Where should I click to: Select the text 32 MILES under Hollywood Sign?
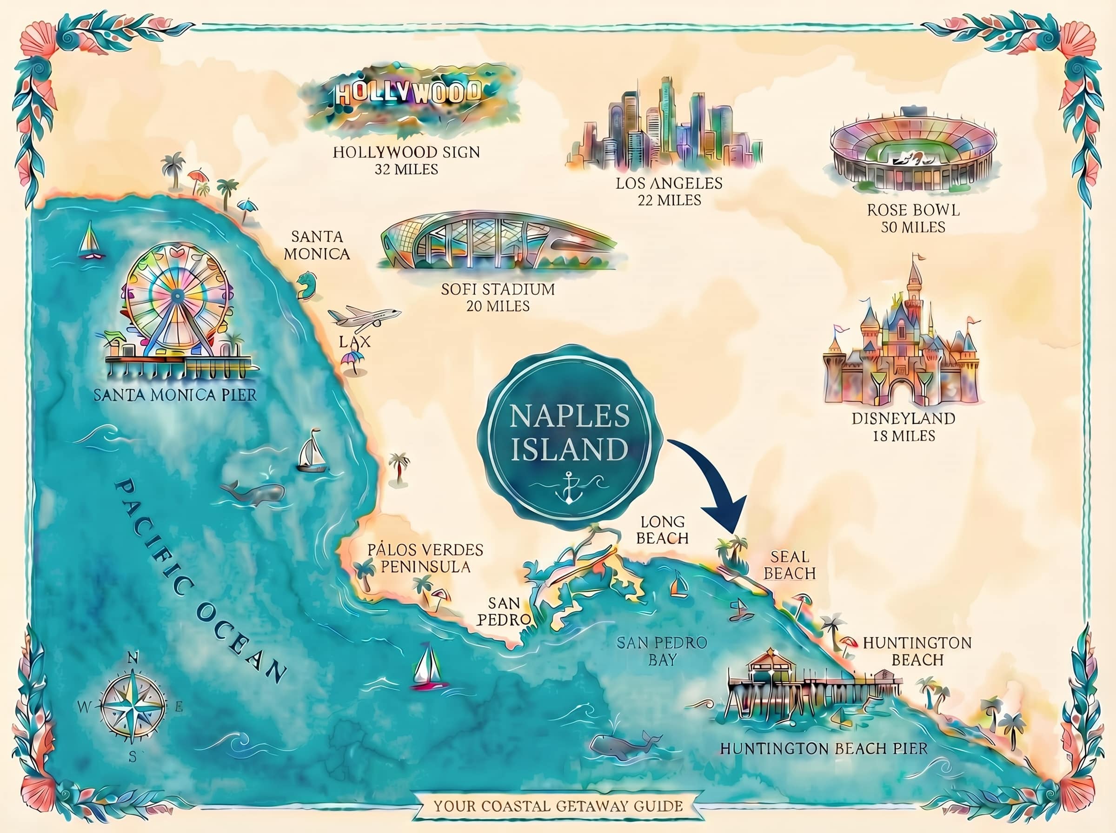coord(406,169)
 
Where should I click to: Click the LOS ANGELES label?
coord(669,183)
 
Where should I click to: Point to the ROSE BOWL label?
coord(913,210)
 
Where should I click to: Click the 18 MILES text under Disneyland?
coord(903,436)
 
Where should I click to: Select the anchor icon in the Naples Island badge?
coord(568,487)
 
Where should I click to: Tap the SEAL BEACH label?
coord(789,565)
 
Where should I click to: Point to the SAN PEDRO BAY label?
coord(662,651)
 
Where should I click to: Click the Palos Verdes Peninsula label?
coord(425,558)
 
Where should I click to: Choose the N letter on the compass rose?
coord(133,658)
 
